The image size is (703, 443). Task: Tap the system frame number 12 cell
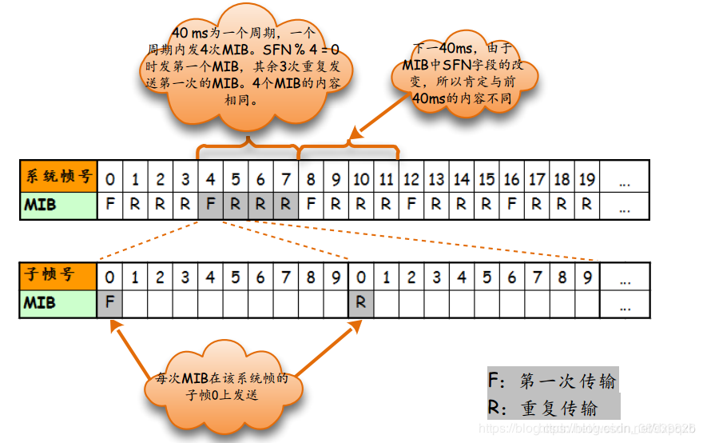[411, 178]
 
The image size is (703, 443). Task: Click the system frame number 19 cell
[586, 178]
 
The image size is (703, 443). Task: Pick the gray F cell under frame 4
[210, 204]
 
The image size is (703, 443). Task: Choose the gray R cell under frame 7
[285, 204]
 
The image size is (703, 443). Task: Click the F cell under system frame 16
[510, 204]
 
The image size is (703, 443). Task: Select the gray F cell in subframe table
[109, 303]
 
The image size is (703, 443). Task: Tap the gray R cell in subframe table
[360, 303]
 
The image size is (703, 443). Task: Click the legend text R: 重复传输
[542, 408]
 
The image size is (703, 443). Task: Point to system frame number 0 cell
[109, 178]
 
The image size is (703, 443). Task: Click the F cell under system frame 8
[310, 204]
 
